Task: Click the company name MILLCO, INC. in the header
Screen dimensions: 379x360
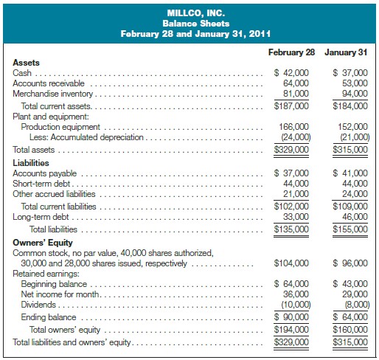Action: (189, 13)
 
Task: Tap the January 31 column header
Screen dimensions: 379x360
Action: (346, 53)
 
